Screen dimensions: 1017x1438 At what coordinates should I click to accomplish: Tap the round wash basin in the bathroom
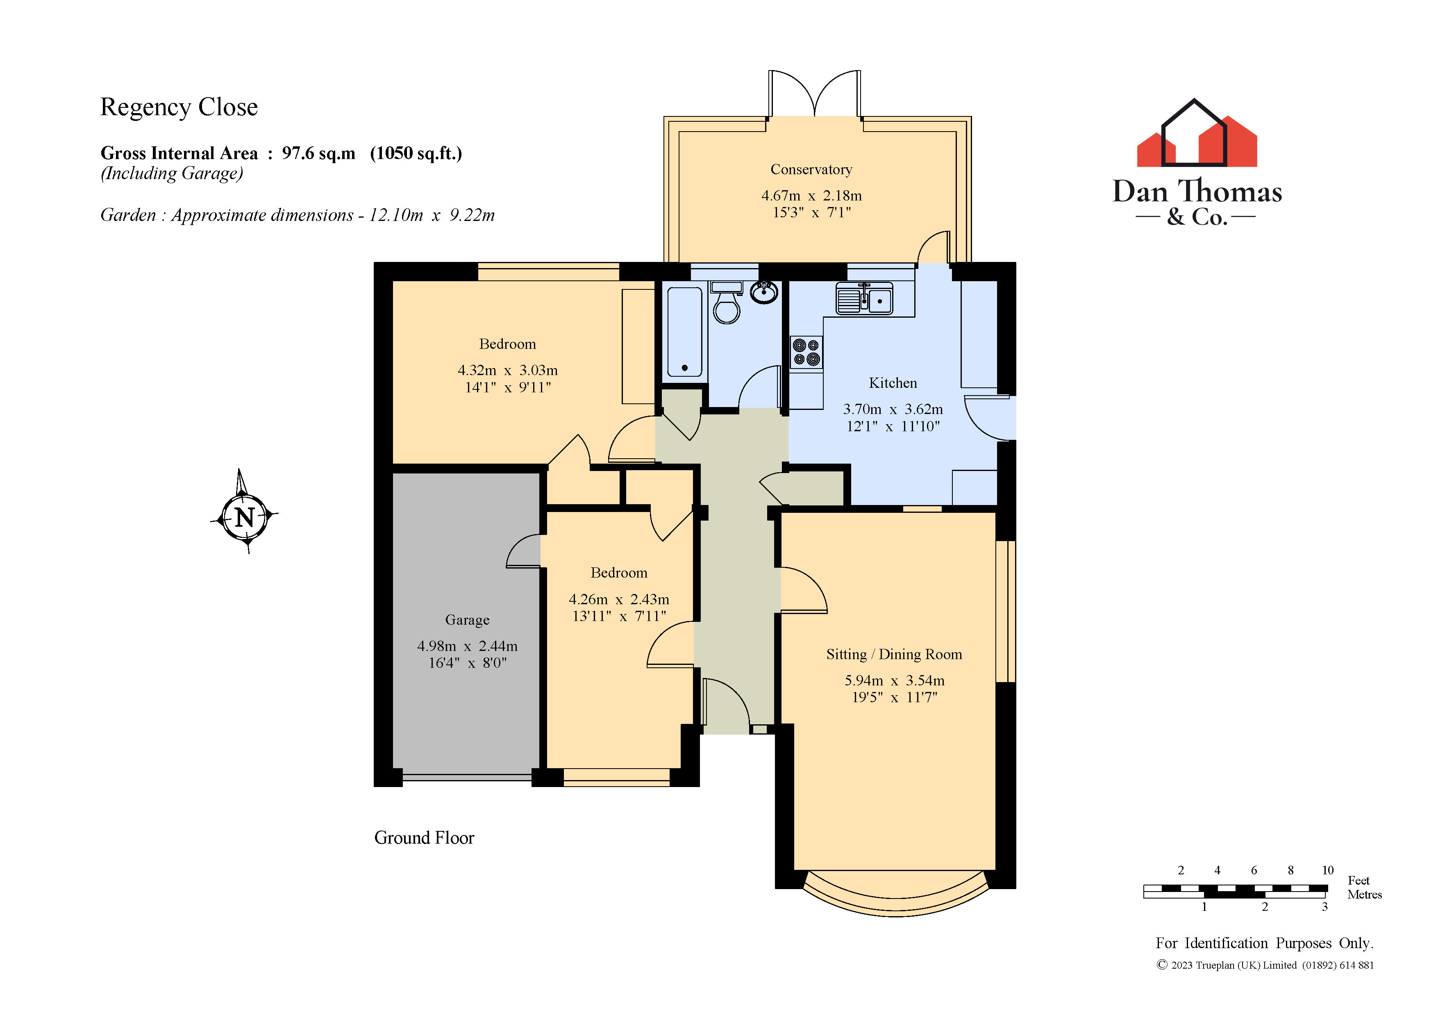click(764, 293)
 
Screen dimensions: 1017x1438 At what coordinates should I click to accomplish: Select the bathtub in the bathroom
click(684, 331)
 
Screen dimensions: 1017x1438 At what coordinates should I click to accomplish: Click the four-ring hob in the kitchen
click(806, 352)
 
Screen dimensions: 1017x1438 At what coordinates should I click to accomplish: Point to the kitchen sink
click(864, 299)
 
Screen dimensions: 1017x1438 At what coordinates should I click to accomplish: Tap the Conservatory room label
click(811, 170)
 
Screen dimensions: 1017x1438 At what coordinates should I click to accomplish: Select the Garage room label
click(467, 620)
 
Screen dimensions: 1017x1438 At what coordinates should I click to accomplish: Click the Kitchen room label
click(893, 383)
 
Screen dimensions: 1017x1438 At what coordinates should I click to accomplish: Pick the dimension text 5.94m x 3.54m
click(894, 680)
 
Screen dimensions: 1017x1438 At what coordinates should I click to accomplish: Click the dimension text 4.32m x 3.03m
click(507, 370)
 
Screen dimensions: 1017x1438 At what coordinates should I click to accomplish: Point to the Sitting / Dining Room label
click(894, 654)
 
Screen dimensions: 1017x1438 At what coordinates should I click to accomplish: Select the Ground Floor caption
click(424, 838)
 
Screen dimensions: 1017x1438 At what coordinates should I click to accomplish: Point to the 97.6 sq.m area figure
click(318, 154)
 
